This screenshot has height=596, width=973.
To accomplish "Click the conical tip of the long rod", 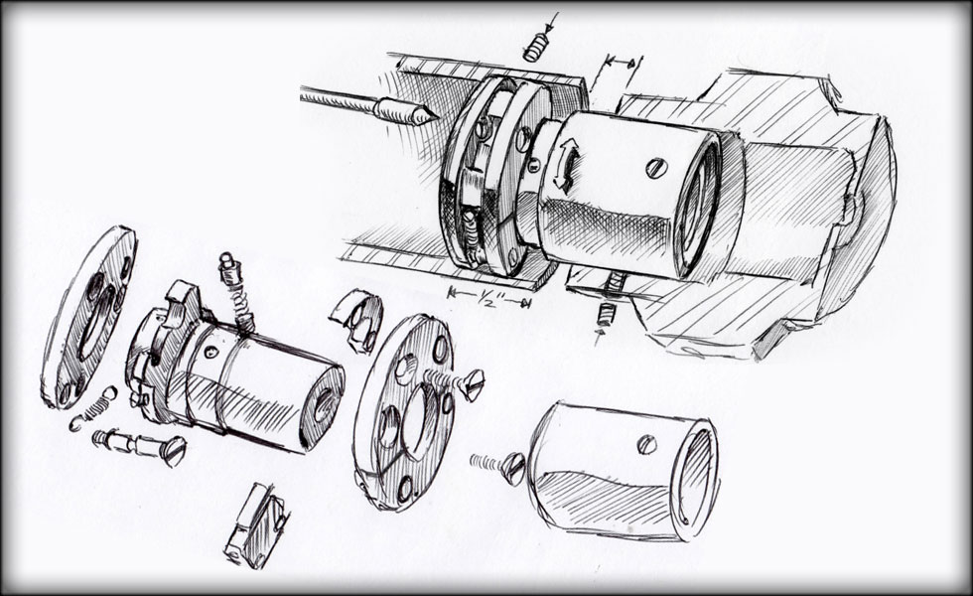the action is click(x=426, y=114).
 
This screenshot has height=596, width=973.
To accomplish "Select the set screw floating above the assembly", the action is click(x=536, y=48).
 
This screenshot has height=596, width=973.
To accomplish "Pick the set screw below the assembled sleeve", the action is click(x=605, y=315).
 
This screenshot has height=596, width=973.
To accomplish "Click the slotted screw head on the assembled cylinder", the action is click(x=655, y=168).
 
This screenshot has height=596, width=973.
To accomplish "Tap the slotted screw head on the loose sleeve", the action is click(x=646, y=445).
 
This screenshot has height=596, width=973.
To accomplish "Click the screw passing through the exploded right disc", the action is click(x=456, y=383).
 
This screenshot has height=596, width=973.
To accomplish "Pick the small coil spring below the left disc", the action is click(x=93, y=409).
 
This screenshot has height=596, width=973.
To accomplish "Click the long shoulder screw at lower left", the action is click(x=140, y=447).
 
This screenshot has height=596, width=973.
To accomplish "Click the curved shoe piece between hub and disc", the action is click(x=357, y=320).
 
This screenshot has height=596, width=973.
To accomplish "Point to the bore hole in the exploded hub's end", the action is click(x=324, y=405).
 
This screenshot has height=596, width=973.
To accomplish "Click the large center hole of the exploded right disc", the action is click(x=416, y=414).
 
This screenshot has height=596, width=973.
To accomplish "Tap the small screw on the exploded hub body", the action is click(x=212, y=352).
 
